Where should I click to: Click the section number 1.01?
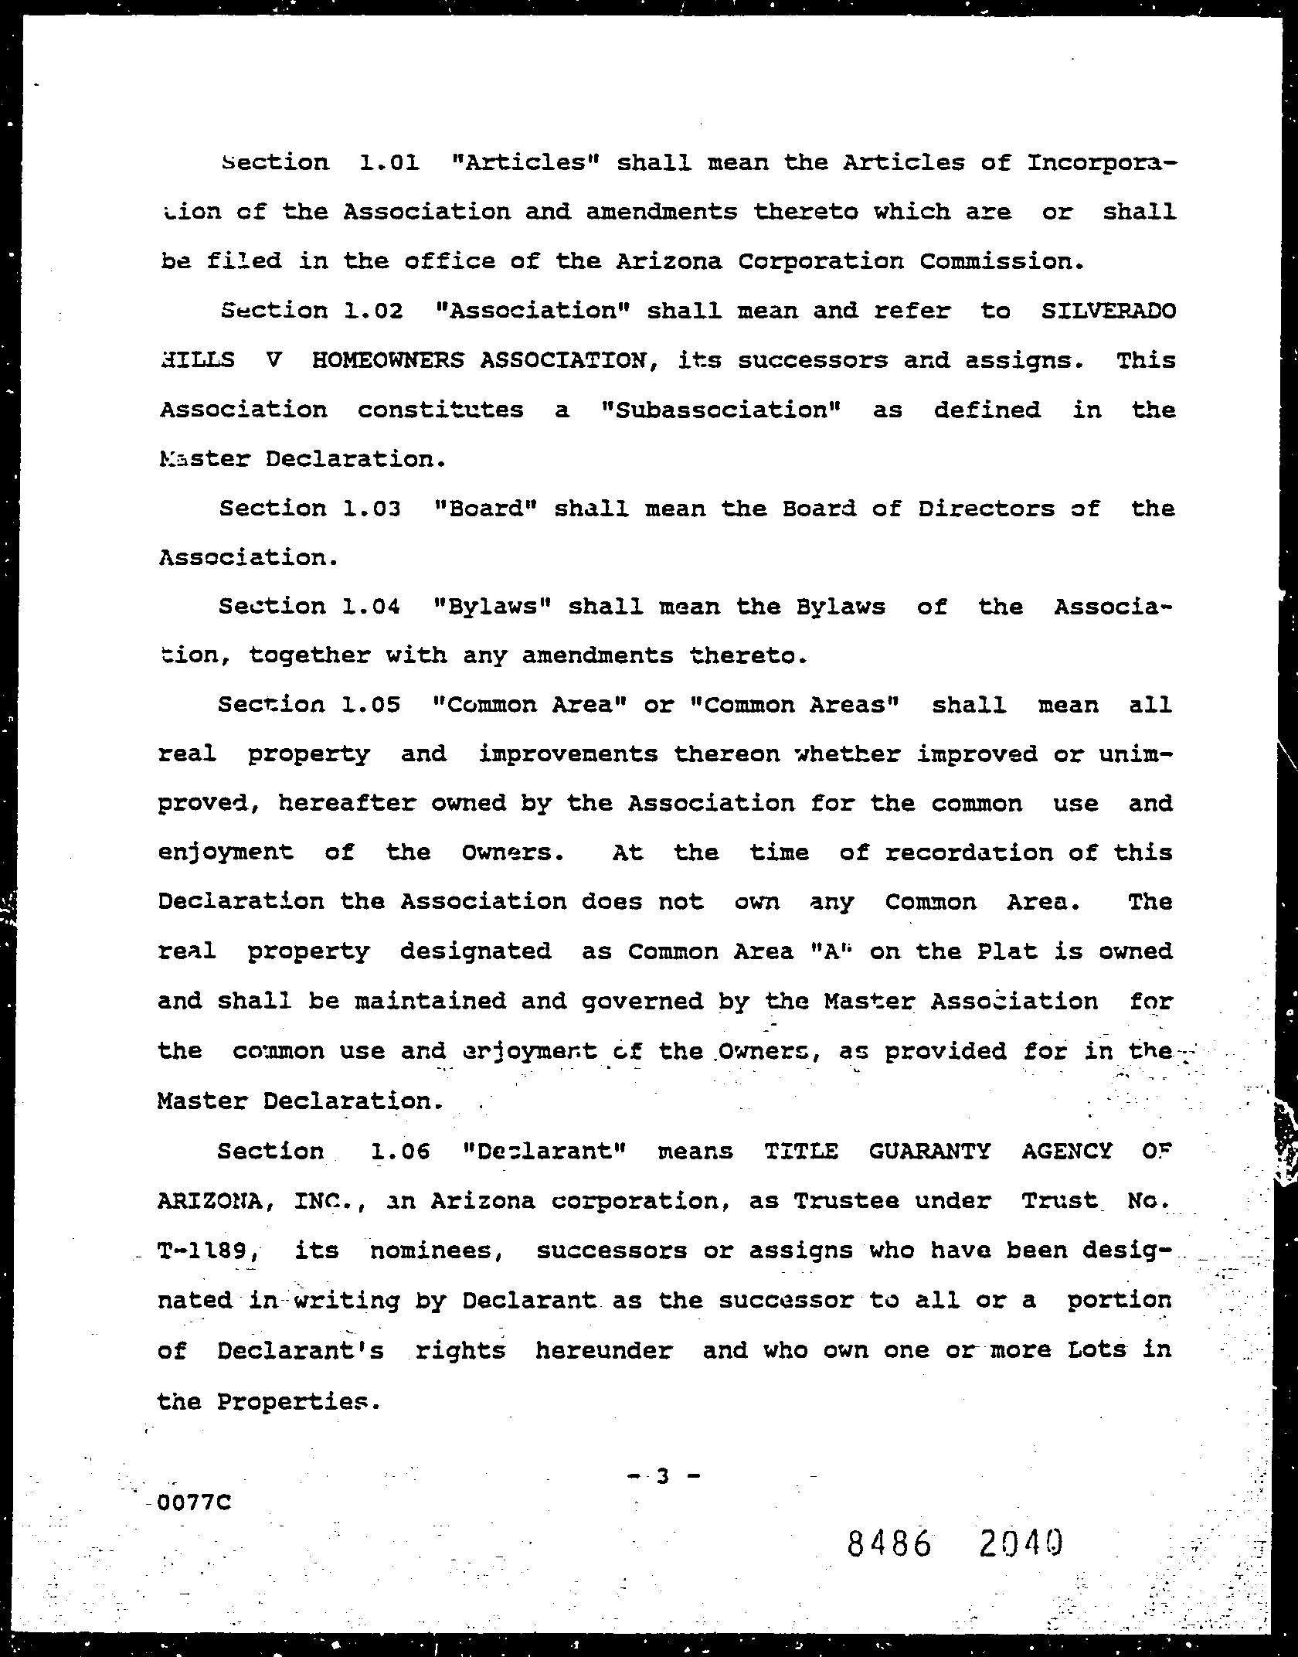(389, 163)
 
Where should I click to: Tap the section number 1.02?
(373, 311)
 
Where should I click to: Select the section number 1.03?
(372, 509)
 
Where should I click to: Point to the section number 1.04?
(372, 607)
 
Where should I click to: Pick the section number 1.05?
(372, 705)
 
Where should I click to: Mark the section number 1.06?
(399, 1152)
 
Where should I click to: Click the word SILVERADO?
(1108, 311)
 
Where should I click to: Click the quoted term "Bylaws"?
(493, 607)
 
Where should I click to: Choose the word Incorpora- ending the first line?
(1102, 163)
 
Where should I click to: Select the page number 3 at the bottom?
(662, 1476)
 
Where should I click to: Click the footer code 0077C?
(193, 1503)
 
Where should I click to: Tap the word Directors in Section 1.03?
(987, 509)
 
